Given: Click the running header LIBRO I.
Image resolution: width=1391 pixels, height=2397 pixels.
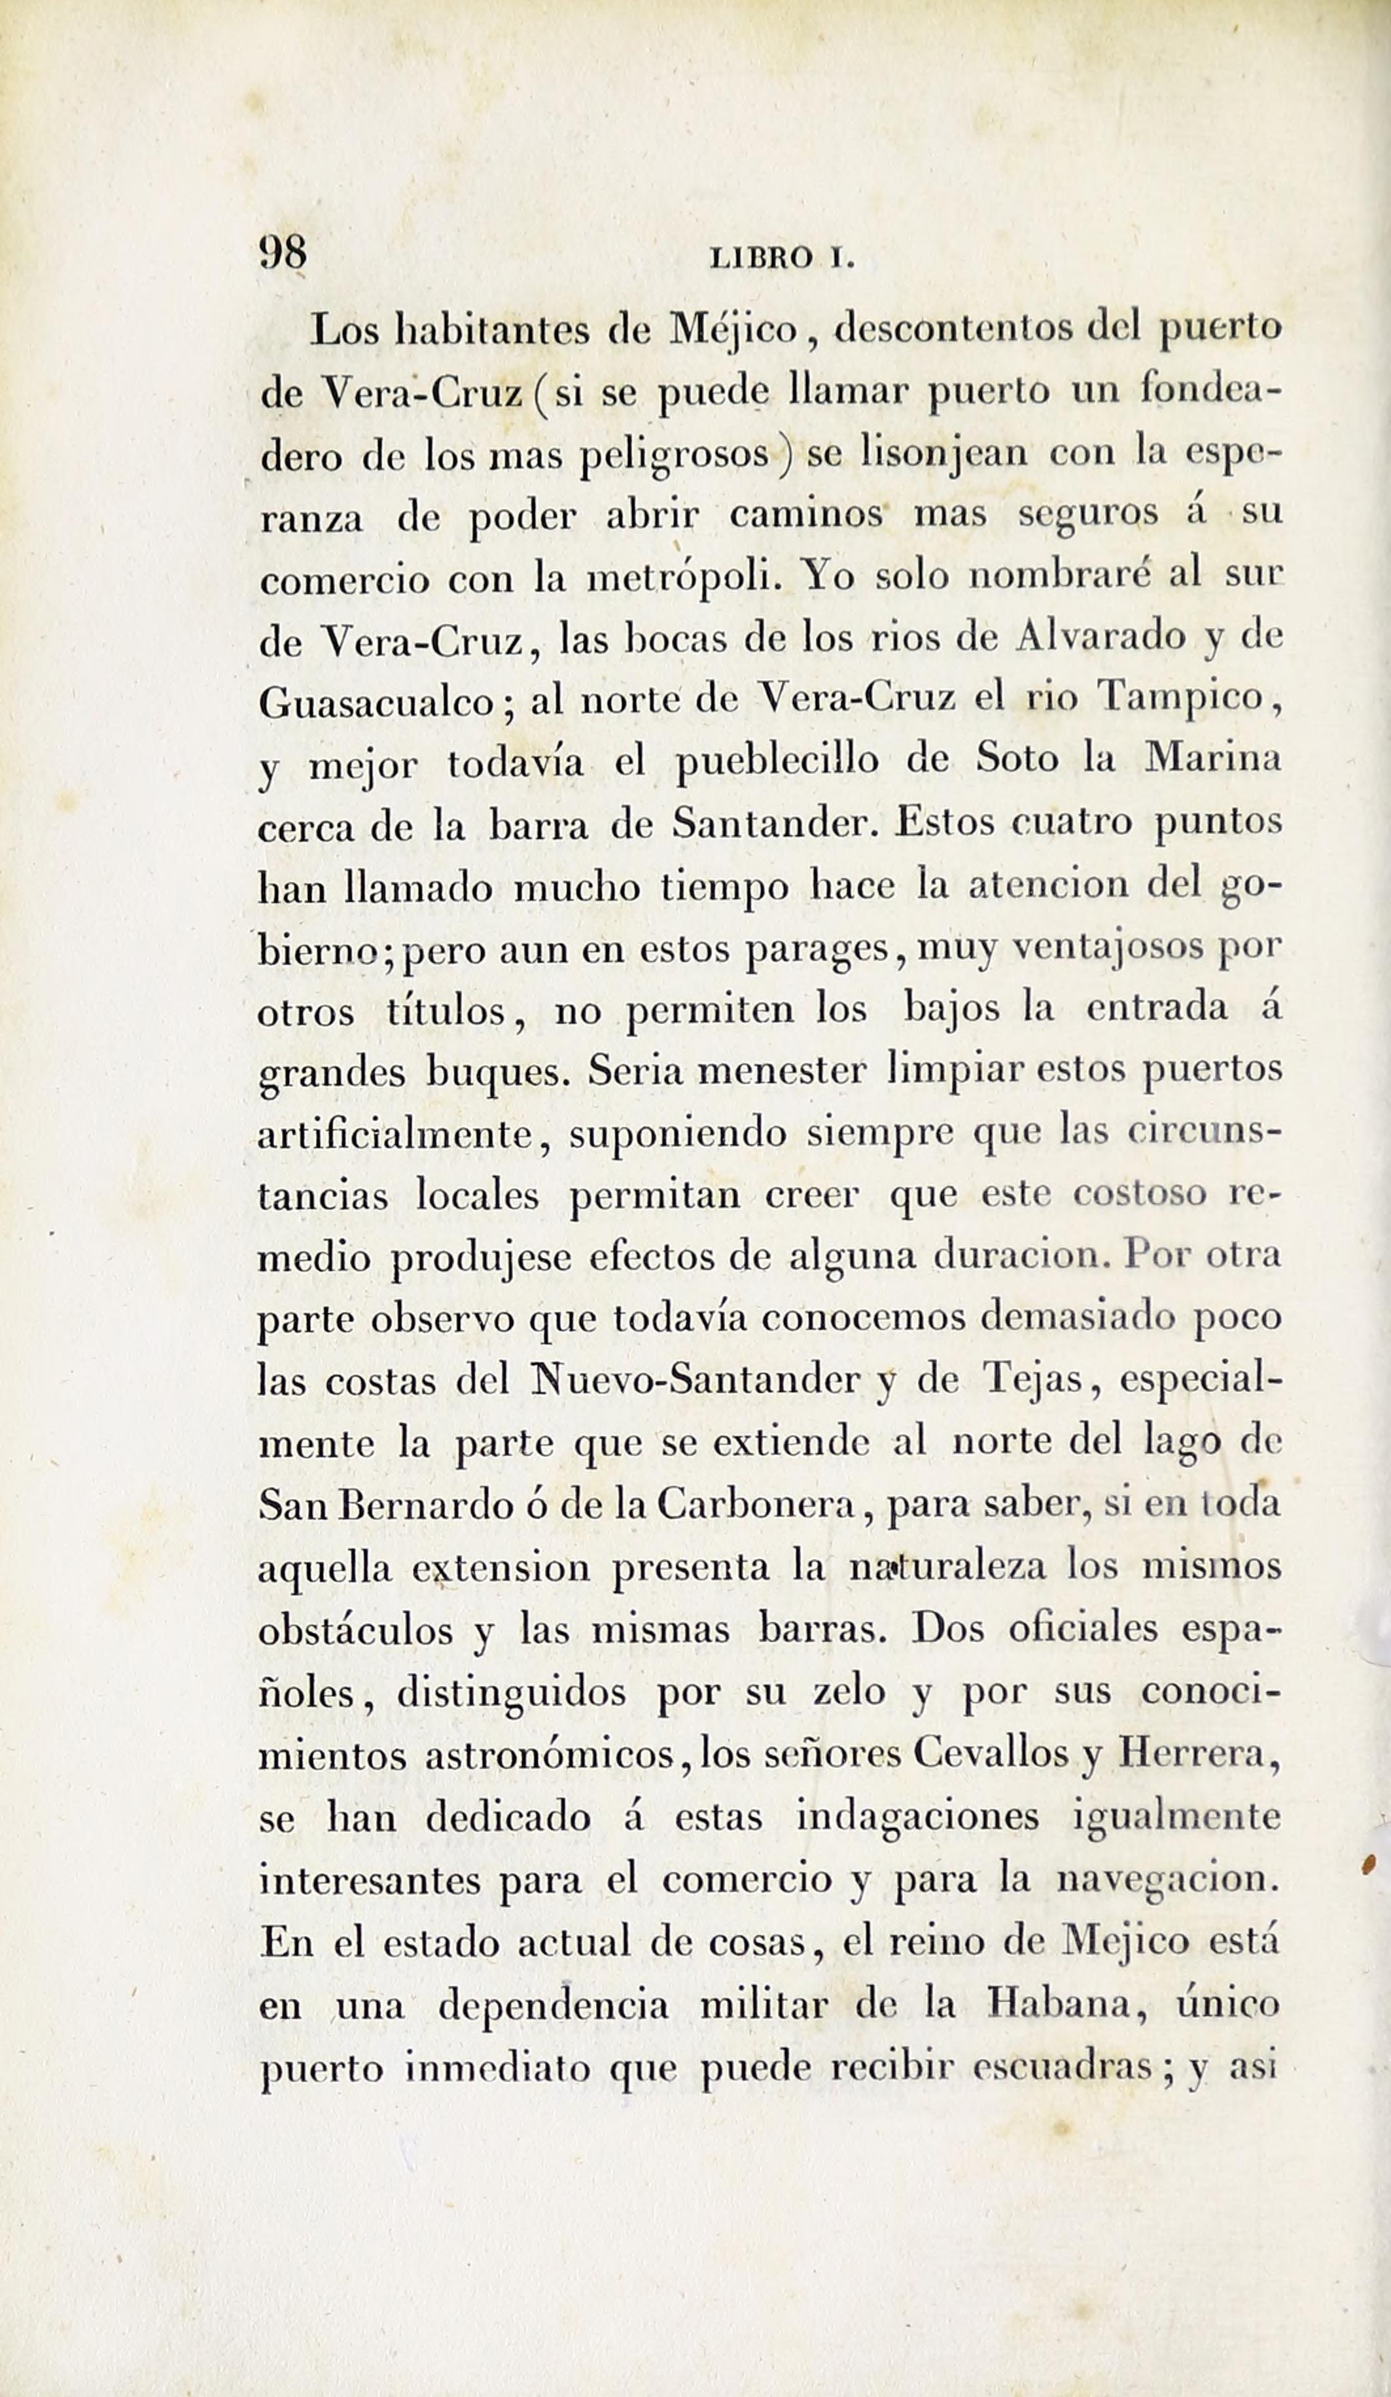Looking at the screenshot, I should pos(783,259).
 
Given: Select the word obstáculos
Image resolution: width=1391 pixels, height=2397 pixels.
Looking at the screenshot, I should pos(355,1630).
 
